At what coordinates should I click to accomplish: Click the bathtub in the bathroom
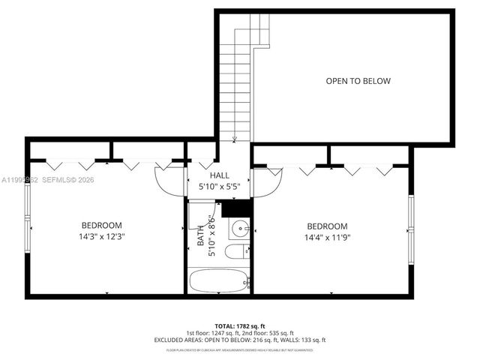[x=219, y=283]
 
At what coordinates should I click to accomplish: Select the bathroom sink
[x=240, y=228]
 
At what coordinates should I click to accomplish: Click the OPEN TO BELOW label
[x=358, y=81]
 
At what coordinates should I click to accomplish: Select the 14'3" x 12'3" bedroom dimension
[x=101, y=236]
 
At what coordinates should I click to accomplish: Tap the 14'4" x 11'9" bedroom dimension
[x=328, y=237]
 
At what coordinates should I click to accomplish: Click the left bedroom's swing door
[x=169, y=178]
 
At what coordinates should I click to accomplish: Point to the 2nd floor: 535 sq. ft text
[x=269, y=333]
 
